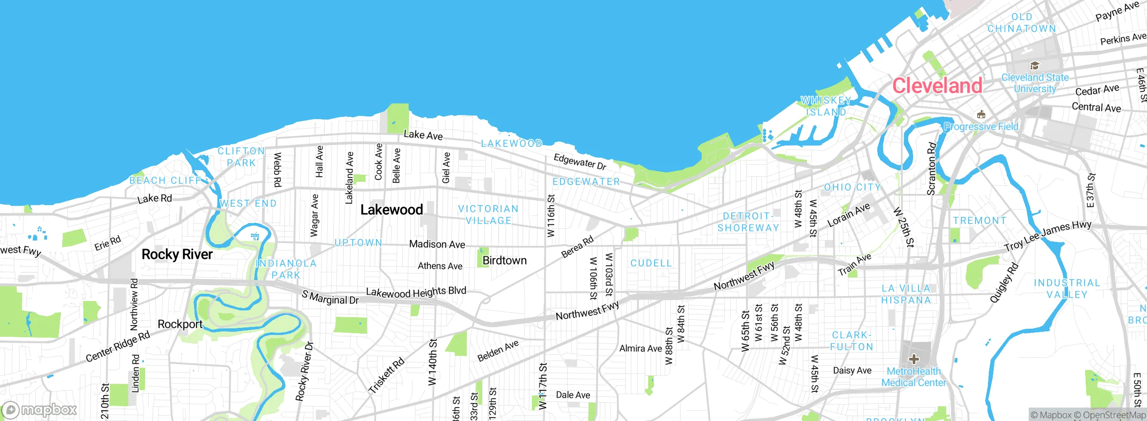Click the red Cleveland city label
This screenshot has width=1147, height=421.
click(937, 86)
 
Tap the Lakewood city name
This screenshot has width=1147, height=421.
click(392, 210)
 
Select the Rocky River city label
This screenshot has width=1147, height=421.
click(177, 254)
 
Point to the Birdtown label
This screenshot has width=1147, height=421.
click(505, 261)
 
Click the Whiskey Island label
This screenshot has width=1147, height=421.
click(826, 106)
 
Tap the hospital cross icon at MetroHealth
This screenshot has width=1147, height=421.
click(914, 359)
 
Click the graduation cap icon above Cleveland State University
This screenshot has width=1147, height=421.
click(1035, 66)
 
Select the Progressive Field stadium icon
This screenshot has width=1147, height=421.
click(981, 115)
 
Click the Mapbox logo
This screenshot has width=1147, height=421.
click(39, 410)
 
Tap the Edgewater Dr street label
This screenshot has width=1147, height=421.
click(580, 162)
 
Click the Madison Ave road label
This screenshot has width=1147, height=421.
click(437, 244)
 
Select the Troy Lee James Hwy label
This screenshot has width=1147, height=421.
click(1048, 236)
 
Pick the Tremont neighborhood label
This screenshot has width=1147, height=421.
click(980, 221)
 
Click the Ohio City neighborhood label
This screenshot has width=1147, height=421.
click(853, 187)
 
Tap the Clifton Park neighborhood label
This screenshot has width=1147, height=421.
click(241, 157)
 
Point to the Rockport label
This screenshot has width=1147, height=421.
click(180, 324)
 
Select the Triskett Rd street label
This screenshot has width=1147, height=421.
click(386, 375)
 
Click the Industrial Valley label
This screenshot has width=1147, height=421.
click(1067, 289)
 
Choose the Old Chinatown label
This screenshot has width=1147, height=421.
click(1022, 23)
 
